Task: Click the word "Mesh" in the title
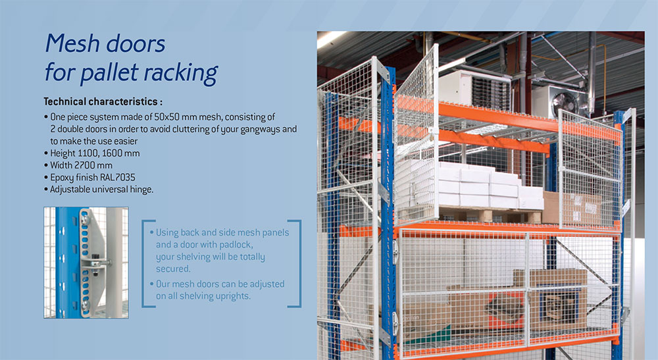coord(72,44)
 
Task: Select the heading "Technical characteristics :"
coord(103,102)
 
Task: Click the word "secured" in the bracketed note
coord(172,269)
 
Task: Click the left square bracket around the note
coord(145,263)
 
